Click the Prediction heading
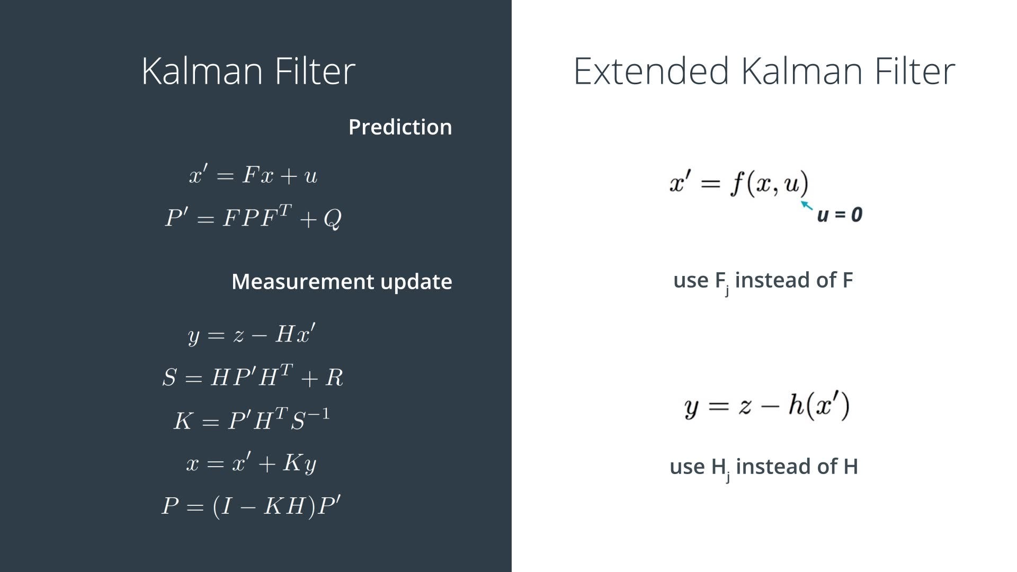click(x=400, y=127)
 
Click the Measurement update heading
click(x=342, y=281)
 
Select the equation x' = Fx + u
click(x=253, y=175)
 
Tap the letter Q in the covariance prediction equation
click(x=332, y=218)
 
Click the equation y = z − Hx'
click(x=252, y=334)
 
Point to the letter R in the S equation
click(x=334, y=378)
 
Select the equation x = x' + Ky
click(x=252, y=463)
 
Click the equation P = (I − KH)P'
click(x=251, y=506)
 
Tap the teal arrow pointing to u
click(x=806, y=205)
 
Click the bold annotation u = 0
click(x=840, y=215)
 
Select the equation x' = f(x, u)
click(x=739, y=183)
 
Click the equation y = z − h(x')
click(x=766, y=406)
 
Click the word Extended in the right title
click(x=651, y=71)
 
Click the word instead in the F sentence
click(x=773, y=280)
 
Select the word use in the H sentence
click(x=688, y=467)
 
